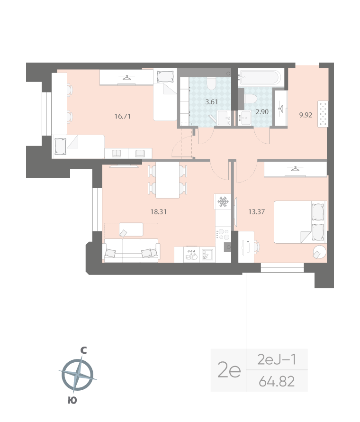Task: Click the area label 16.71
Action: coord(123,115)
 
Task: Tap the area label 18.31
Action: coord(159,211)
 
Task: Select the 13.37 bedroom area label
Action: coord(256,211)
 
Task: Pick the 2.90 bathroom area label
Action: coord(263,112)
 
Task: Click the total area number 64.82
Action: coord(277,381)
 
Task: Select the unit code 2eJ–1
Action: coord(277,360)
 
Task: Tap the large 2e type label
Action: coord(229,371)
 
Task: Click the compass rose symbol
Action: coord(77,374)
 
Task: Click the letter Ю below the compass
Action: coord(72,401)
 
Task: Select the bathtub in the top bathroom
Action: coord(261,76)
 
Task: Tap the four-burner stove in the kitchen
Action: coord(223,234)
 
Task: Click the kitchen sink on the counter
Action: coord(207,255)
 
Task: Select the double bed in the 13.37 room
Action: coord(300,222)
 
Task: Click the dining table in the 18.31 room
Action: coord(168,180)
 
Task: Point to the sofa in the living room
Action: coord(132,250)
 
